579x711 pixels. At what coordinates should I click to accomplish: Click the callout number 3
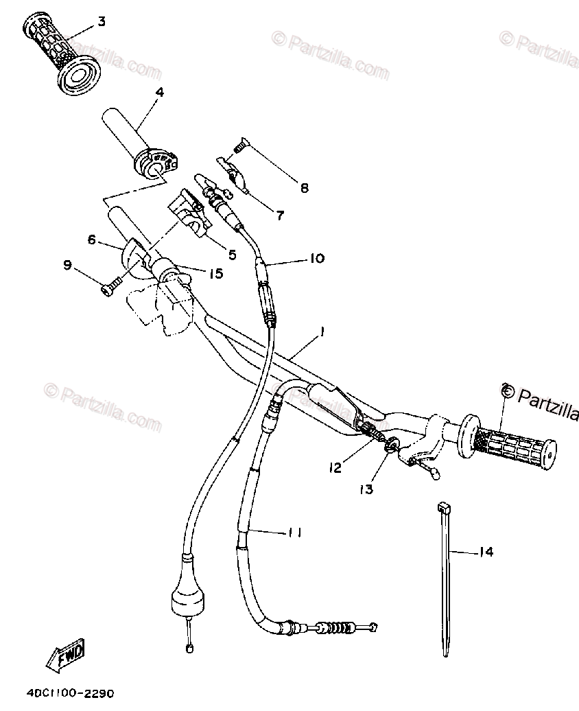point(102,21)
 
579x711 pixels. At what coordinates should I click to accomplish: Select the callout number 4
point(159,91)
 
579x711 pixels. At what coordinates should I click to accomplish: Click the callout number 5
point(232,254)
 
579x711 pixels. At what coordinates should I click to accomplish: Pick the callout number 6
point(91,240)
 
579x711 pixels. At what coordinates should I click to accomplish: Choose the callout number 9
point(67,265)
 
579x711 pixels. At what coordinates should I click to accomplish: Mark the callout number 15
point(216,274)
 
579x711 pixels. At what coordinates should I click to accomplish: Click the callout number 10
point(316,259)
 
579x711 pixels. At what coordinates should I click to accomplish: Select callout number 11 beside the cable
point(296,532)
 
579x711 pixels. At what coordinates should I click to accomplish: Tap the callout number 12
point(335,467)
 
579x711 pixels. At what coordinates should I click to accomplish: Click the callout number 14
point(486,552)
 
